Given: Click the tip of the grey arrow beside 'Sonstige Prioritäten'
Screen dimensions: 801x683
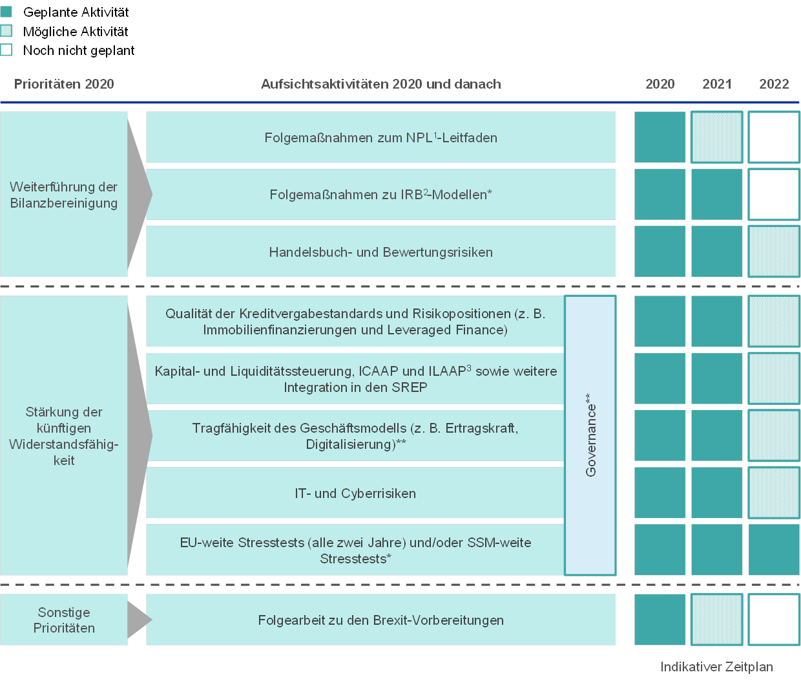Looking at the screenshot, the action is pyautogui.click(x=152, y=620).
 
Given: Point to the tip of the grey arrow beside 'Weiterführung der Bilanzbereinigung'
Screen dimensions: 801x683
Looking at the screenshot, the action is pyautogui.click(x=152, y=194).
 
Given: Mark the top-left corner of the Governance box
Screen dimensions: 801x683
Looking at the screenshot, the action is pyautogui.click(x=564, y=296).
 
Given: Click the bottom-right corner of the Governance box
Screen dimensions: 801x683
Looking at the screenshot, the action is pyautogui.click(x=616, y=575).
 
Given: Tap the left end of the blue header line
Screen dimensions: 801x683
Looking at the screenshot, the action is pyautogui.click(x=1, y=102).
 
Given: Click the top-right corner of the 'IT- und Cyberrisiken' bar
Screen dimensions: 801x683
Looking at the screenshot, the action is pyautogui.click(x=564, y=467).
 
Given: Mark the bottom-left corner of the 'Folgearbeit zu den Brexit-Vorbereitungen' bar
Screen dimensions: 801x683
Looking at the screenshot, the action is pyautogui.click(x=146, y=645).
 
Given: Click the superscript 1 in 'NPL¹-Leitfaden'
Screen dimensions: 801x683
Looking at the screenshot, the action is pyautogui.click(x=435, y=135).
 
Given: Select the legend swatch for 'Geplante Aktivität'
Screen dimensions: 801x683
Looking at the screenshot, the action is pyautogui.click(x=6, y=12).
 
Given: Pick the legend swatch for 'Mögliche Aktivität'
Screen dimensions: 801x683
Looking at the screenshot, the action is pyautogui.click(x=6, y=30).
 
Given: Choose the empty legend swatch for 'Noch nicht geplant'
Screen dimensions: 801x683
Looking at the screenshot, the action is pyautogui.click(x=6, y=50).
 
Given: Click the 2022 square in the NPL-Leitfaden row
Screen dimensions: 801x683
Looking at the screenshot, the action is pyautogui.click(x=774, y=137).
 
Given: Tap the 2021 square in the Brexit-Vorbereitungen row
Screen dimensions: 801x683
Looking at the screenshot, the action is pyautogui.click(x=717, y=620).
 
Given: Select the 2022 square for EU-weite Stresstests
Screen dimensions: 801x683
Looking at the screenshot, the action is pyautogui.click(x=774, y=550).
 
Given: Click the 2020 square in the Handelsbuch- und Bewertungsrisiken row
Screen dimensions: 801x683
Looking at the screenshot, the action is pyautogui.click(x=660, y=252).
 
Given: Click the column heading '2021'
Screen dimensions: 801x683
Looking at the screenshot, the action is pyautogui.click(x=717, y=84).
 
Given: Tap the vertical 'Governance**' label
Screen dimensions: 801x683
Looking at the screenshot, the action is pyautogui.click(x=590, y=435).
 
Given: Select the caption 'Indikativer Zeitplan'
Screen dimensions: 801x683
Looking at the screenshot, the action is pyautogui.click(x=716, y=667).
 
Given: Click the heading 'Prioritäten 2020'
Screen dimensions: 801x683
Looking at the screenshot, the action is pyautogui.click(x=64, y=84).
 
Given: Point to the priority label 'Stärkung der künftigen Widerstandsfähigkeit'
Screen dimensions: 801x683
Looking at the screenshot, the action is pyautogui.click(x=64, y=436).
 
